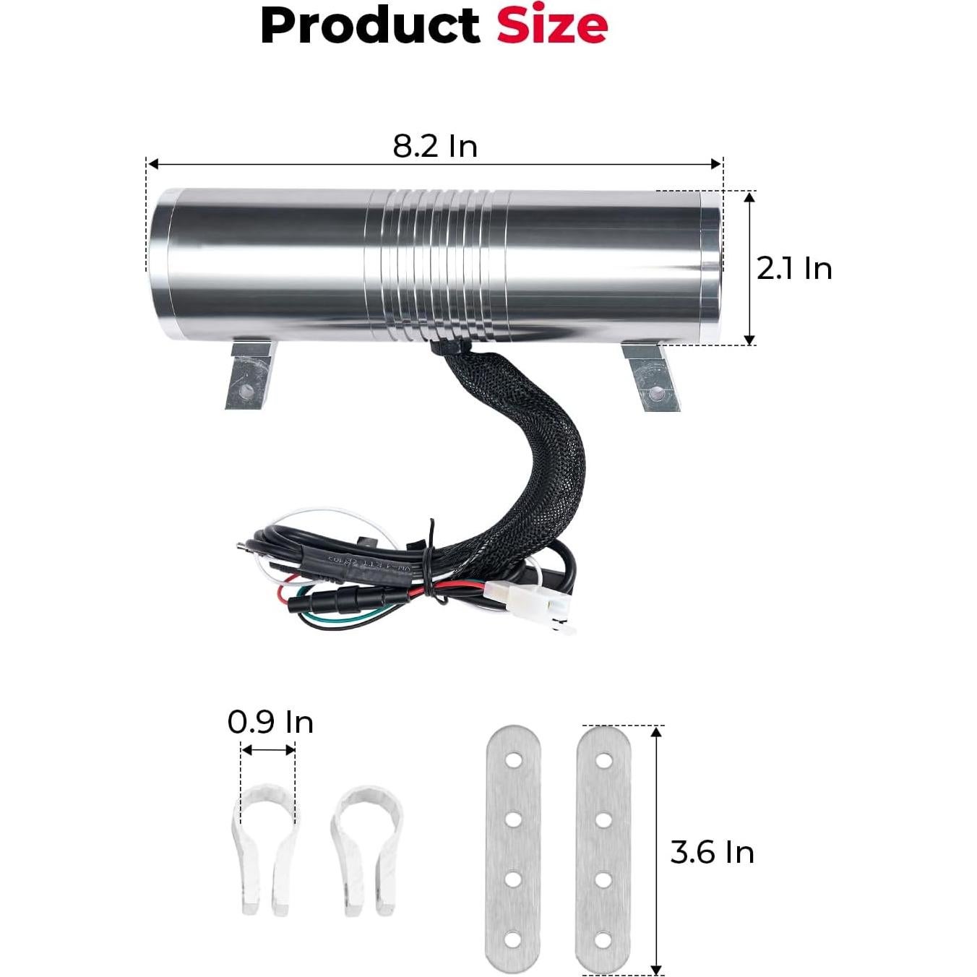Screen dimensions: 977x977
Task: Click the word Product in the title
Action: [370, 26]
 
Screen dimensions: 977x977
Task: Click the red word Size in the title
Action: [552, 25]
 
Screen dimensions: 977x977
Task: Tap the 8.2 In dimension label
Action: [435, 146]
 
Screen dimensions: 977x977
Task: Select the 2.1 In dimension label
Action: [794, 269]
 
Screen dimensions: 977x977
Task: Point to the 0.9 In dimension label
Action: [270, 723]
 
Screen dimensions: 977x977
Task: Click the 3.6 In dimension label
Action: [712, 852]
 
